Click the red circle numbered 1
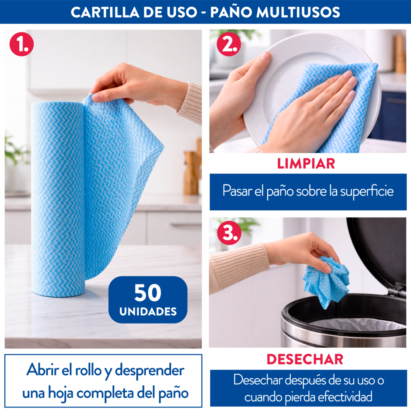(x=22, y=44)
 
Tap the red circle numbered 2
(x=228, y=44)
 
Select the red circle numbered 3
(x=229, y=233)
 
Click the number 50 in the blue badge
(x=148, y=293)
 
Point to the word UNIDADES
(x=148, y=311)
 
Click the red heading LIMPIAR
(x=306, y=164)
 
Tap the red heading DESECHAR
(x=305, y=359)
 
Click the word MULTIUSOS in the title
(x=298, y=12)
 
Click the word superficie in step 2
(x=367, y=191)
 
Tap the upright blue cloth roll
(x=58, y=199)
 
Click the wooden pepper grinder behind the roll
(x=190, y=173)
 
